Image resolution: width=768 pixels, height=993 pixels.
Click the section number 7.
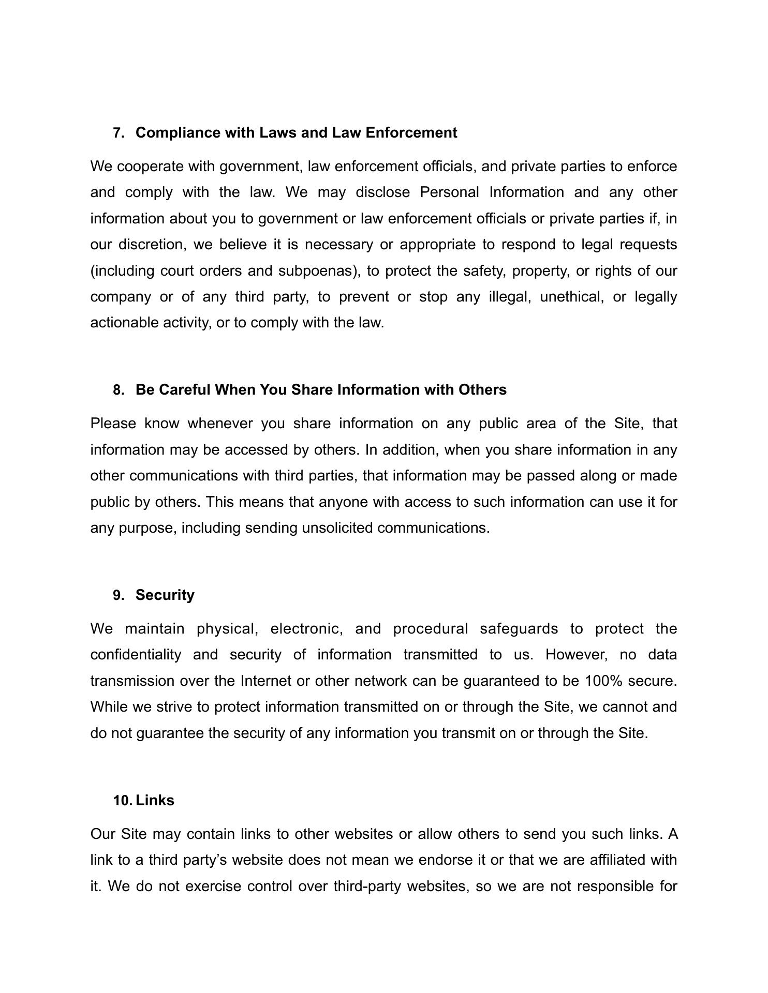tap(119, 133)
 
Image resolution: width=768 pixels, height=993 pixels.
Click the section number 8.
tap(119, 390)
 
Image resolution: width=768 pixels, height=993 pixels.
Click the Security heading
tap(165, 595)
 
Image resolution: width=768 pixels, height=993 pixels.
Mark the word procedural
tap(430, 629)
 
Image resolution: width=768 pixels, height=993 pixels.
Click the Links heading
tap(155, 801)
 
